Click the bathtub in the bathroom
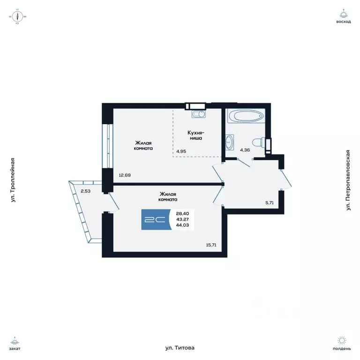pyautogui.click(x=245, y=116)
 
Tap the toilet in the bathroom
pyautogui.click(x=257, y=142)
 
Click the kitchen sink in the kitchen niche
pyautogui.click(x=198, y=114)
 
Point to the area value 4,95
pyautogui.click(x=182, y=151)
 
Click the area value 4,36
pyautogui.click(x=245, y=150)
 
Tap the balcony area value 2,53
pyautogui.click(x=85, y=191)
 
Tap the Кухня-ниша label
pyautogui.click(x=195, y=135)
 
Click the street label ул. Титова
pyautogui.click(x=180, y=348)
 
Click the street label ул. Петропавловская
pyautogui.click(x=348, y=180)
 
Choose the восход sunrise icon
pyautogui.click(x=343, y=15)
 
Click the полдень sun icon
pyautogui.click(x=343, y=341)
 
